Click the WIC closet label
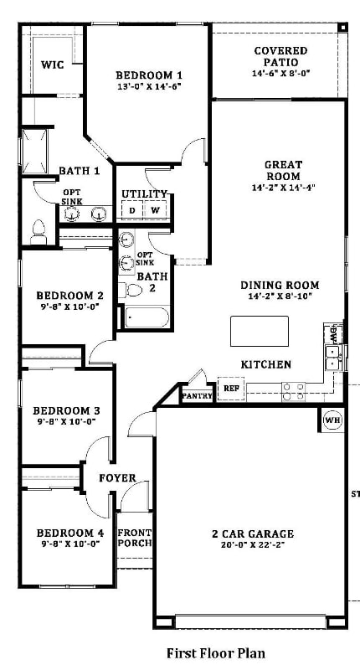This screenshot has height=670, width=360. (x=53, y=64)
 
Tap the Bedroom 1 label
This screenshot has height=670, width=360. (x=149, y=75)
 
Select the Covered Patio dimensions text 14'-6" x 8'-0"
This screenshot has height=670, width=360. (x=280, y=73)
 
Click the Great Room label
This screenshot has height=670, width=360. (x=283, y=170)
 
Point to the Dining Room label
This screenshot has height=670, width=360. (x=280, y=285)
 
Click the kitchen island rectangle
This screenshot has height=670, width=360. (x=260, y=331)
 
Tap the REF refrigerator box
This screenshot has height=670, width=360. (x=231, y=389)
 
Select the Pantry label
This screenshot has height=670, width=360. (x=197, y=394)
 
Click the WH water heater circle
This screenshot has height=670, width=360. (x=332, y=420)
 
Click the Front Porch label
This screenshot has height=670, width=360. (x=135, y=537)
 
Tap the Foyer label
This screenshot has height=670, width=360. (x=117, y=478)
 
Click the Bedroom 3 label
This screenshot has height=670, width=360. (x=67, y=410)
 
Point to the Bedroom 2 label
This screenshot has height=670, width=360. (x=69, y=296)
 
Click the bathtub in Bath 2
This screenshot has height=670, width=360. (x=146, y=317)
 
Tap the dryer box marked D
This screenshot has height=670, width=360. (x=132, y=209)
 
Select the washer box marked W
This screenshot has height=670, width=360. (x=156, y=209)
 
